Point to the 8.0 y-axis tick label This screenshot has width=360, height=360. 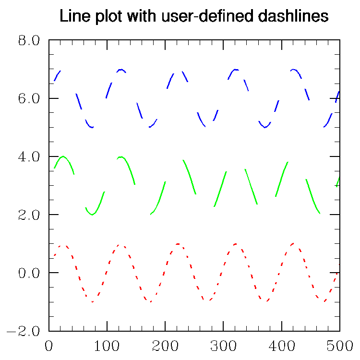29,40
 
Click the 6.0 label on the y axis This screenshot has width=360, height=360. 29,98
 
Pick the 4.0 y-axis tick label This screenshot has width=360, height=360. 29,156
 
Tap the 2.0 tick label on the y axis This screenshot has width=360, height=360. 29,215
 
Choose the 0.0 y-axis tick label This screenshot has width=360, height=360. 29,273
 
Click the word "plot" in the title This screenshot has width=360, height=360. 102,17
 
